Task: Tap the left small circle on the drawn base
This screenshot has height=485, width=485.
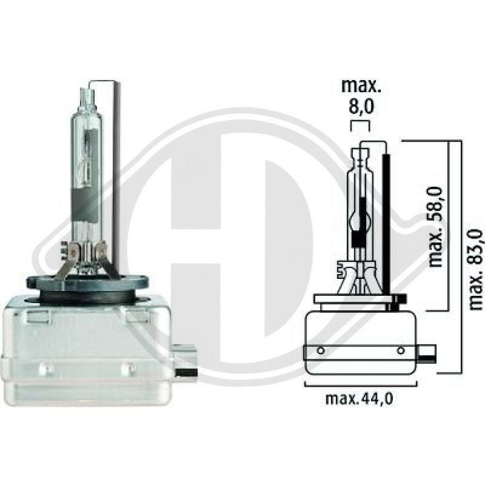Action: [319, 350]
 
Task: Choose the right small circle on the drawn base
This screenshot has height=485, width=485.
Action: [400, 350]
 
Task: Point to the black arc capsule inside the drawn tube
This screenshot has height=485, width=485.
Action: [363, 215]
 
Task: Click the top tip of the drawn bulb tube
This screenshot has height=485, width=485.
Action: [362, 147]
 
